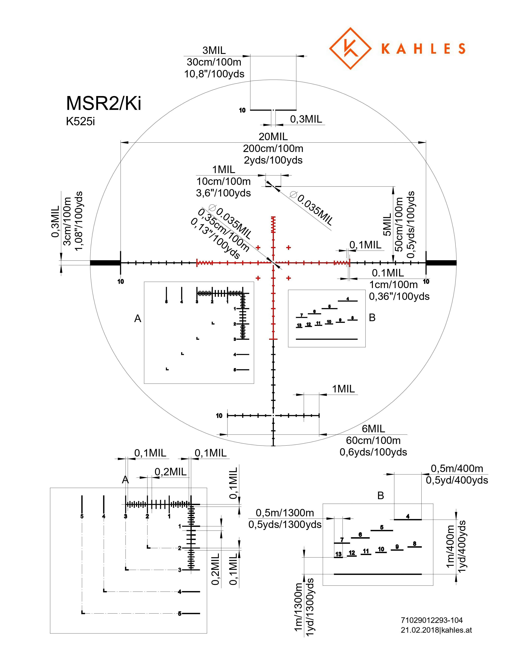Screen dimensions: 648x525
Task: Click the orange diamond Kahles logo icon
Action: click(x=350, y=48)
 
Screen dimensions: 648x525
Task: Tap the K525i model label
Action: click(x=80, y=121)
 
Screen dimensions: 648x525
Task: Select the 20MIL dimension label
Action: click(x=273, y=137)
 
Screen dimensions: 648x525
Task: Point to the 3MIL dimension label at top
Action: click(x=214, y=50)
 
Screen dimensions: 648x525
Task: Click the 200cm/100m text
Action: click(x=273, y=148)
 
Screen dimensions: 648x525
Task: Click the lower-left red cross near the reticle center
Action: click(x=258, y=278)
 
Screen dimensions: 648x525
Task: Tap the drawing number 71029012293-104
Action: click(x=432, y=620)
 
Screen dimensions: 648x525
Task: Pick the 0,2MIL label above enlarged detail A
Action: click(x=171, y=472)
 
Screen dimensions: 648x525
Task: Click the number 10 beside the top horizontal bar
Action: click(x=242, y=110)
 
